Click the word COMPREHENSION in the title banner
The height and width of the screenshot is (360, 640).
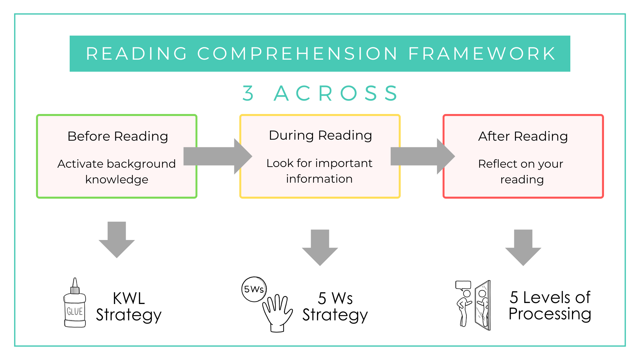(x=297, y=54)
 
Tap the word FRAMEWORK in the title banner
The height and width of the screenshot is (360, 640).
(x=482, y=54)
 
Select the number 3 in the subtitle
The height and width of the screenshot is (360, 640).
(x=248, y=93)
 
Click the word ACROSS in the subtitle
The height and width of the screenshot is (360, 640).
(x=336, y=93)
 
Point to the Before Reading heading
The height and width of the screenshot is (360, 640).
(x=118, y=136)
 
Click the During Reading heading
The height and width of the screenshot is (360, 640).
(x=320, y=135)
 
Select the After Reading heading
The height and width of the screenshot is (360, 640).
(x=523, y=136)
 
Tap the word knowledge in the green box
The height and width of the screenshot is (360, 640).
(x=117, y=179)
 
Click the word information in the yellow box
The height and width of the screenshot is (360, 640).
(x=319, y=179)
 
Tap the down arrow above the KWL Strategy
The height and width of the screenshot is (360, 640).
(x=117, y=239)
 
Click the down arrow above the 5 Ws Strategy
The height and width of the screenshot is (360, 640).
(x=320, y=247)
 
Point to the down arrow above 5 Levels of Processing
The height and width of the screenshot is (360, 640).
(x=523, y=247)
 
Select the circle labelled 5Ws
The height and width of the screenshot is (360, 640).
(x=254, y=289)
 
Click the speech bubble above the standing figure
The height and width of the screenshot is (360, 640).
(x=463, y=285)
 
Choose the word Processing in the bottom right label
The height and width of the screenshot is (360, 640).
(x=550, y=314)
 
